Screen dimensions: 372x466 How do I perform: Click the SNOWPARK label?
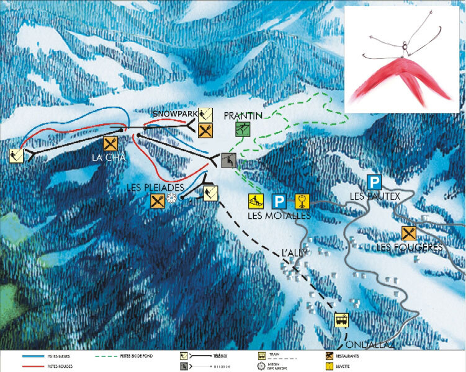coord(174,115)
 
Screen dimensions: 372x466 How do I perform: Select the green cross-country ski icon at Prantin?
coord(243,129)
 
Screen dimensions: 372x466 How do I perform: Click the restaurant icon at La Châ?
coord(110,143)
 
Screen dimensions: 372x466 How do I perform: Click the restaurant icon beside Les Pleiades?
coord(156,200)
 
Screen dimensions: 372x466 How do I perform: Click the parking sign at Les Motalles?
coord(279,201)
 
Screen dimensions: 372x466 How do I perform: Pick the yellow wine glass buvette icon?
coord(302,201)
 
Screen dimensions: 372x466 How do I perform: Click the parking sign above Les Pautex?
coord(374,182)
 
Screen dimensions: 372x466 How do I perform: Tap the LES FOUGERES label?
coord(410,248)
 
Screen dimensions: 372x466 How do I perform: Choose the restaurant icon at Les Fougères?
coord(409,233)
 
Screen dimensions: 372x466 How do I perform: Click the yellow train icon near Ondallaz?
coord(342,320)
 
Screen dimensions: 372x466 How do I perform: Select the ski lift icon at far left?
coord(17,155)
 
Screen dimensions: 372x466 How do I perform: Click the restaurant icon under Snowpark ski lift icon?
coord(206,131)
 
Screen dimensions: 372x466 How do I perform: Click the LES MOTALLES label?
coord(278,216)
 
